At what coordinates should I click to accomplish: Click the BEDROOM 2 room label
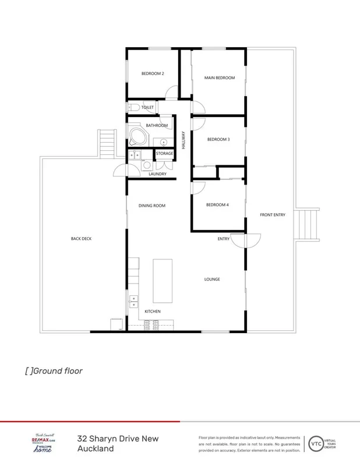tap(153, 74)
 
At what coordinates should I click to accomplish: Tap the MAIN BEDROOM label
tap(219, 77)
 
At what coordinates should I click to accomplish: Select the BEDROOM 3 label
tap(218, 139)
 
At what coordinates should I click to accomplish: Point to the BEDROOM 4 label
tap(217, 205)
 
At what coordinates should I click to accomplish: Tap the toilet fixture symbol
tap(132, 107)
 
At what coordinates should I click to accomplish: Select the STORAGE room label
tap(165, 153)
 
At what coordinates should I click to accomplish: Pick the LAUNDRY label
tap(157, 174)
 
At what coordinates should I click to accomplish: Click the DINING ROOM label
tap(152, 205)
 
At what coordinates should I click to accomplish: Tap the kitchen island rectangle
tap(163, 280)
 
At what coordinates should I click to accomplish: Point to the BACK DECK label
tap(82, 238)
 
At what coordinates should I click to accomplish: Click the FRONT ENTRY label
tap(272, 215)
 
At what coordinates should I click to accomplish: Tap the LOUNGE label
tap(211, 279)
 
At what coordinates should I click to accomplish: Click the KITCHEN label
tap(153, 312)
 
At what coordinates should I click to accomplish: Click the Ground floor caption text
tap(53, 370)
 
